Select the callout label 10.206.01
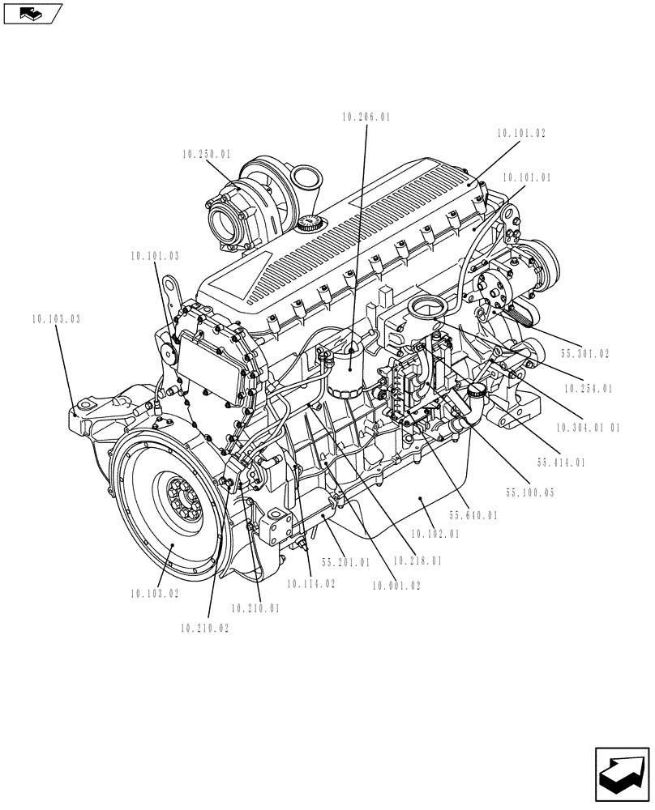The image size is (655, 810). point(366,117)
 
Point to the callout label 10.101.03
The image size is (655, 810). point(154,256)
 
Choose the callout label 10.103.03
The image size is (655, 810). point(57,320)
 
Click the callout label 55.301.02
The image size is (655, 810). point(584,354)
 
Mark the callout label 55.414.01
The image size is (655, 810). point(560,463)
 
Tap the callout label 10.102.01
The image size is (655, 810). point(435,534)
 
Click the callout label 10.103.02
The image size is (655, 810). point(154,593)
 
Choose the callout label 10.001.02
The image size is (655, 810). point(396,586)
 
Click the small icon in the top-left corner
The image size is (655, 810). point(32,13)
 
